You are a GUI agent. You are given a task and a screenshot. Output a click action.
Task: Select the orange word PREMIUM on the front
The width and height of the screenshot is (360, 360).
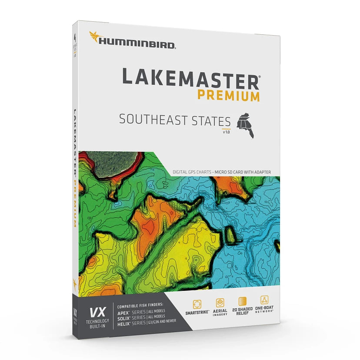[x=229, y=95]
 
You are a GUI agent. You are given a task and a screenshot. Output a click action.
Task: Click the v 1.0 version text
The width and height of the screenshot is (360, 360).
[x=226, y=132]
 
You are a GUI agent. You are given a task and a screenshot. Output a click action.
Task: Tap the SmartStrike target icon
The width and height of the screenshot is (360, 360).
[x=197, y=303]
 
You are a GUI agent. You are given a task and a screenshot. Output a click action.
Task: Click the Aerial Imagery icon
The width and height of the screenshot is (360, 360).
[x=220, y=303]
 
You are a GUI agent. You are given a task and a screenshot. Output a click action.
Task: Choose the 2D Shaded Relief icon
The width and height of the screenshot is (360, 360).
[x=242, y=301]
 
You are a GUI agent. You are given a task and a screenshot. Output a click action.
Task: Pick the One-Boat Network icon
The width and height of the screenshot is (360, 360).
[x=264, y=300]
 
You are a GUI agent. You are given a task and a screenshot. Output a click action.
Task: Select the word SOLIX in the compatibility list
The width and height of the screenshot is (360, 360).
[x=123, y=318]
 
